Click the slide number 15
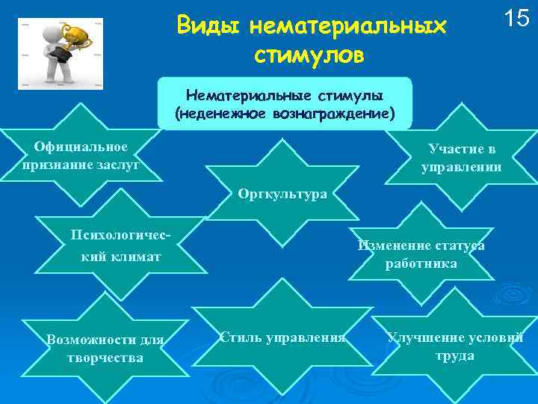pos(516,19)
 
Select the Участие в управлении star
pos(461,158)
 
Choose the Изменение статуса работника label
pos(421,254)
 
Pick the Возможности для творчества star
pos(105,348)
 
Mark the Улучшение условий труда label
pos(455,346)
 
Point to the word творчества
pos(105,358)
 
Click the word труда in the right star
pos(455,355)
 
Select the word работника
pos(421,264)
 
